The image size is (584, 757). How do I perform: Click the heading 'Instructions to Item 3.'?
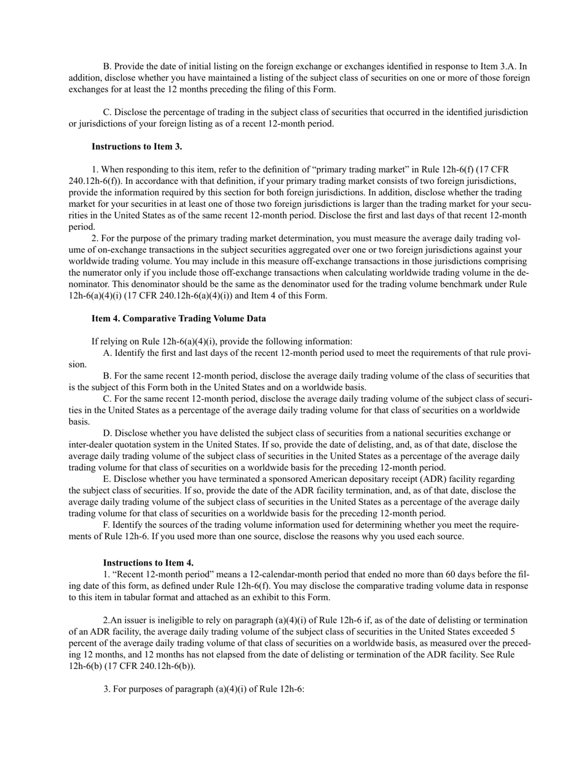point(136,146)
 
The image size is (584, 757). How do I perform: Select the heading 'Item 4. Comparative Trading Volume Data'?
point(178,318)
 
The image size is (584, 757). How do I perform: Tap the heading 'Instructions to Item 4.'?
point(148,563)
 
